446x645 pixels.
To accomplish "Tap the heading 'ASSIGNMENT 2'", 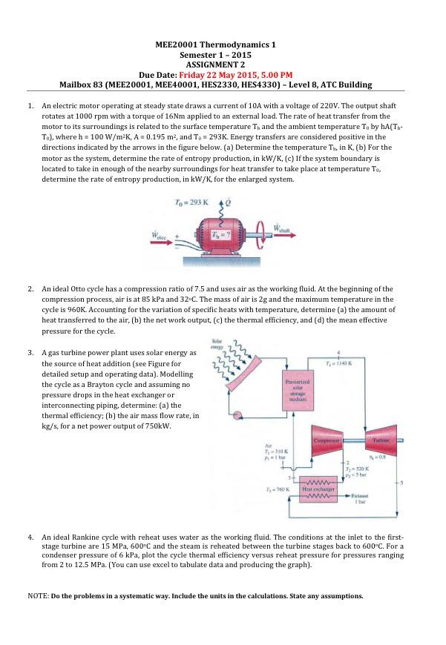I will (x=215, y=64).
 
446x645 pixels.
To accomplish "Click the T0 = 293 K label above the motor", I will (x=191, y=202).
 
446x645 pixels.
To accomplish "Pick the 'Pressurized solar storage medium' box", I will (x=297, y=390).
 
